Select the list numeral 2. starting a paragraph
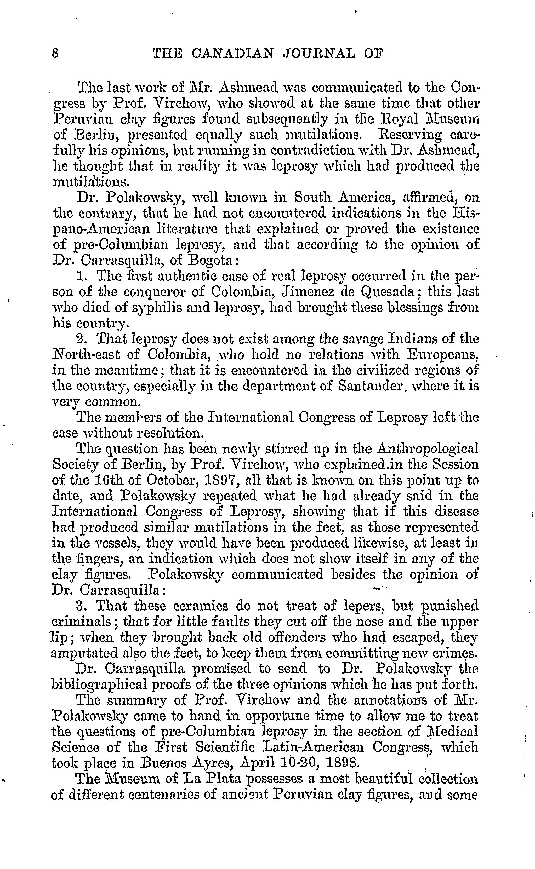(82, 339)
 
